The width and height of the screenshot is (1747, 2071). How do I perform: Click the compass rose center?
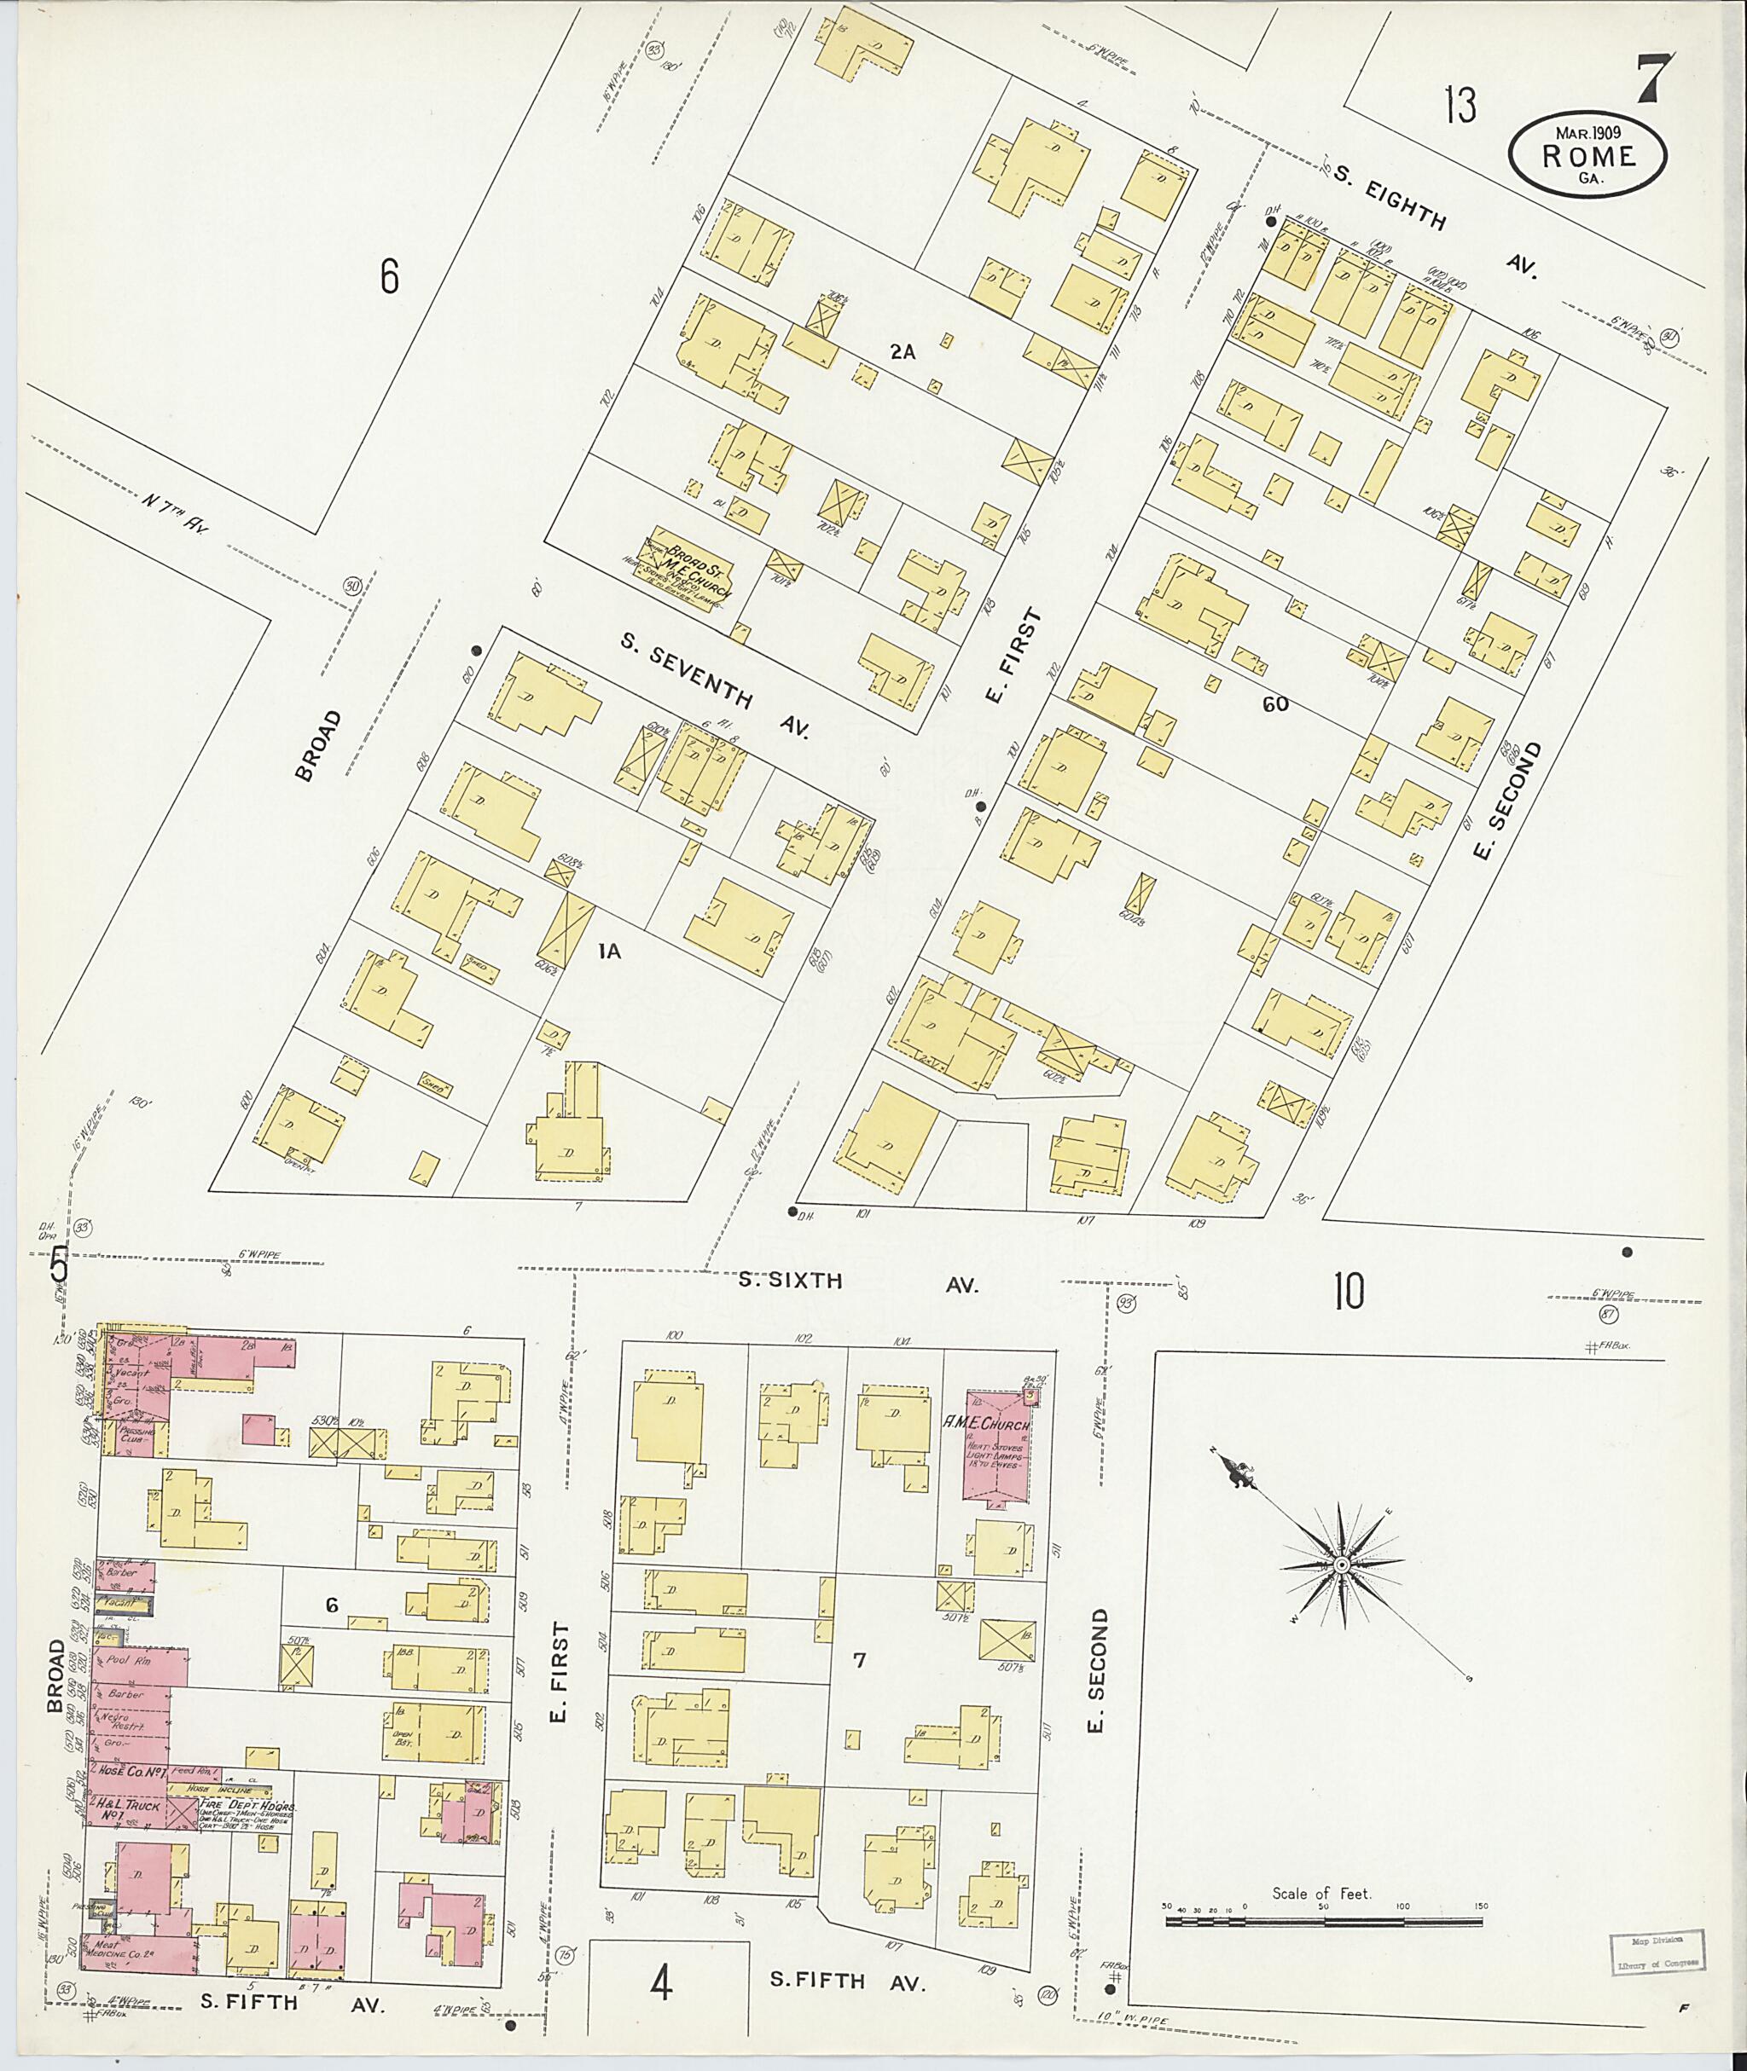tap(1341, 1565)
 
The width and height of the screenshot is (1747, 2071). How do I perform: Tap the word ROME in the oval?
tap(1587, 155)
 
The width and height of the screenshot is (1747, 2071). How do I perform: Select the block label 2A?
tap(902, 350)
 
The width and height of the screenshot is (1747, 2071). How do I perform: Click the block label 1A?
tap(609, 951)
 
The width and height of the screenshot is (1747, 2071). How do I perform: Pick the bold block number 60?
tap(1274, 704)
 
